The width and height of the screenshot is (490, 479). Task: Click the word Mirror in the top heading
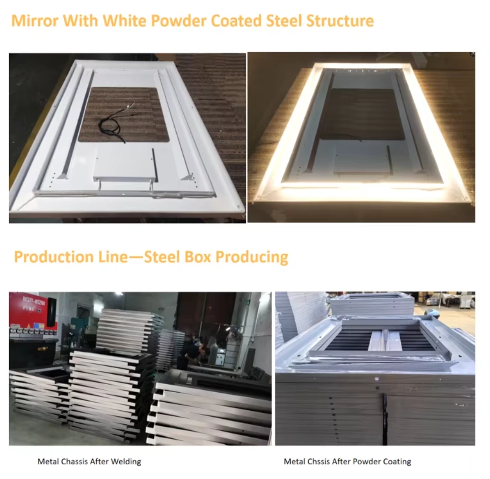35,21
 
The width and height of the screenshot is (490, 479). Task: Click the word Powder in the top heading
170,21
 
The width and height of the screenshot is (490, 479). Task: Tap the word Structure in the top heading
340,21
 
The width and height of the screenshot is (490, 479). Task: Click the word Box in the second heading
197,257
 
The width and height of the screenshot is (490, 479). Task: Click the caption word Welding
126,461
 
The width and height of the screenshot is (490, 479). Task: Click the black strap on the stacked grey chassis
385,417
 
